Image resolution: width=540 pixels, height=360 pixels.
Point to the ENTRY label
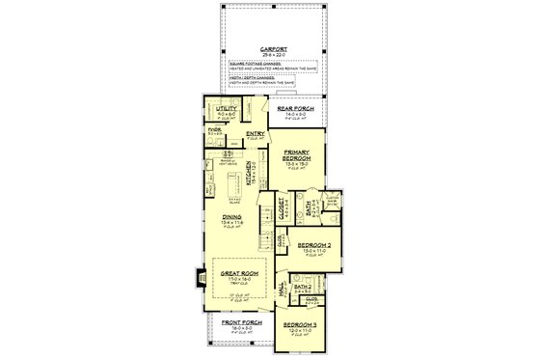coord(256,134)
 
